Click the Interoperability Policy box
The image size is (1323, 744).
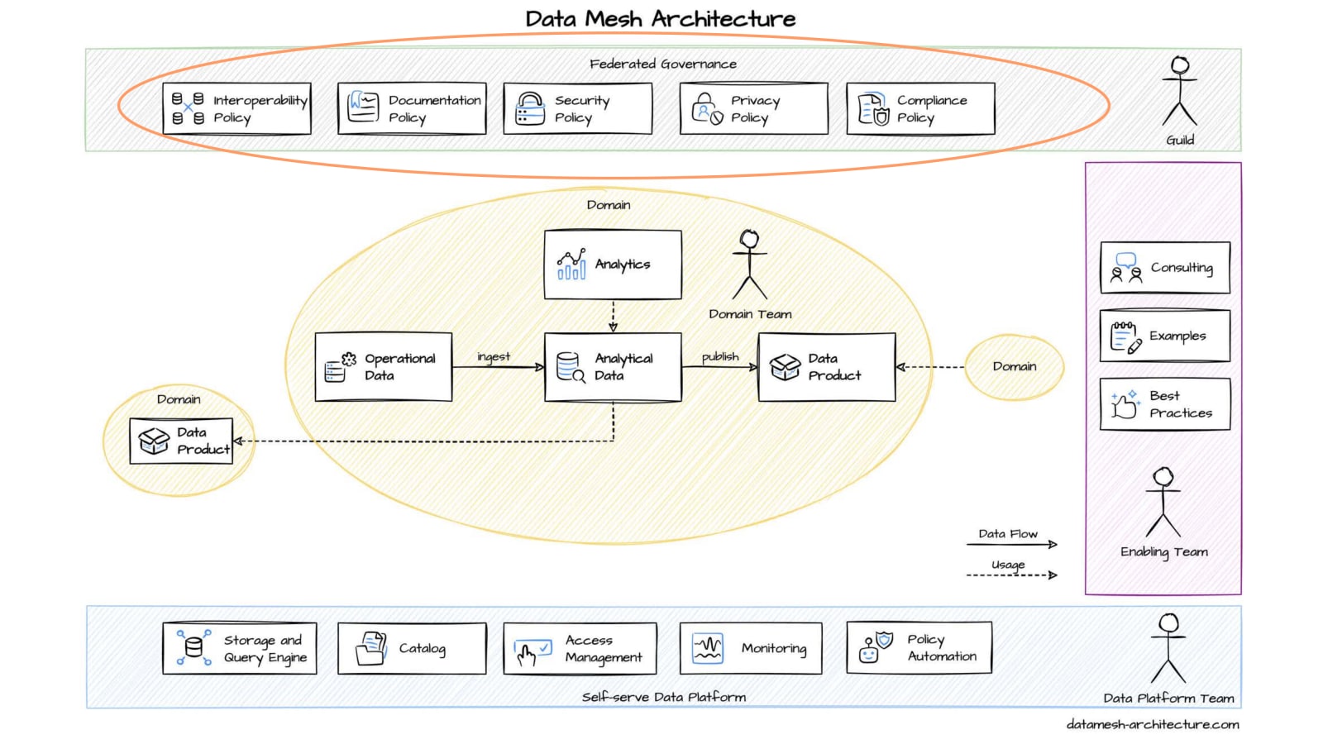(236, 108)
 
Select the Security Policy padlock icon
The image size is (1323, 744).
(530, 109)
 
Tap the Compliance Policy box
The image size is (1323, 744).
(920, 108)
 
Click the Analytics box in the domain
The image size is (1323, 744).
(613, 265)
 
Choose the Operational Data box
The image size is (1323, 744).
(384, 367)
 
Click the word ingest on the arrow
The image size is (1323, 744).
(494, 356)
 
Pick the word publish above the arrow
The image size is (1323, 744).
(720, 356)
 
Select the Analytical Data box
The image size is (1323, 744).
(613, 367)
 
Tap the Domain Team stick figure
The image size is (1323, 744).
(750, 265)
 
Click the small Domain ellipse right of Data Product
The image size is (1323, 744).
(1014, 366)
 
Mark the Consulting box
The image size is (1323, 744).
(1164, 268)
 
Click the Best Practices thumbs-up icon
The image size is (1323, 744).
(1125, 404)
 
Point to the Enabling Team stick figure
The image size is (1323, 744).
(1163, 502)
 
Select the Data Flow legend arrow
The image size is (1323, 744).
(1012, 544)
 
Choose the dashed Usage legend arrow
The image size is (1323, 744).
(1012, 575)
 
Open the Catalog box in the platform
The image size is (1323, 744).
(412, 649)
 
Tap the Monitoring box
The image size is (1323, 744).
(751, 649)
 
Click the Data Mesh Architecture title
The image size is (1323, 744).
(661, 19)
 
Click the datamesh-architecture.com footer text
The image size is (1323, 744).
(1153, 724)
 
